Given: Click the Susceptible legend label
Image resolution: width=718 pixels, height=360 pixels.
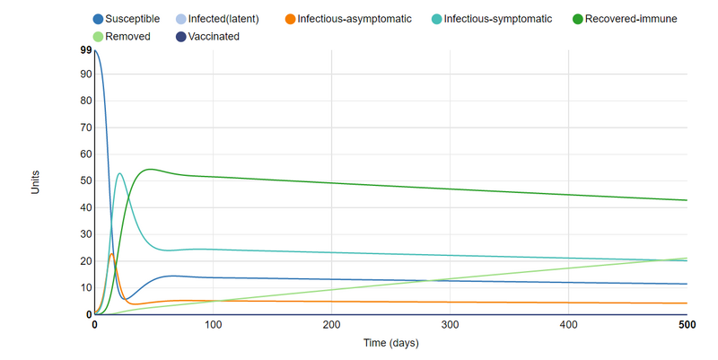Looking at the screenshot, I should coord(134,19).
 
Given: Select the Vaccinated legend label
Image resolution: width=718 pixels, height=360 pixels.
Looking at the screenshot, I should coord(214,37).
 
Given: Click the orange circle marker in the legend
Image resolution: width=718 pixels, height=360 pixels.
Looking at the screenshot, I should coord(290,19).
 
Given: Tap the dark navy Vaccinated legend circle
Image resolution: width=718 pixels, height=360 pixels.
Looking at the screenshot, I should coord(180,37).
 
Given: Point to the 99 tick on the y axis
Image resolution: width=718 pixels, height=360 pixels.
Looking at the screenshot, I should coord(87,50).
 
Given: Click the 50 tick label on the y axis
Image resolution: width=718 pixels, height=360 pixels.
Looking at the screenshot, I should coord(87,181).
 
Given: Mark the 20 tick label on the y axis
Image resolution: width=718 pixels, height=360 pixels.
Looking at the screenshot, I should coord(87,261).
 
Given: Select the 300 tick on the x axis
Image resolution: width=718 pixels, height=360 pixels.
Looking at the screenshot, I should coord(450,324).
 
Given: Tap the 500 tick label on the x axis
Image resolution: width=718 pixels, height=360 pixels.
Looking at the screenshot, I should coord(687,324).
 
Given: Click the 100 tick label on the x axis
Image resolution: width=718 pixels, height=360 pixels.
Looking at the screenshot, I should coord(213,324).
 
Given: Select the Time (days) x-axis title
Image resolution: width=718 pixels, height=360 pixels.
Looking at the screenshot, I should coord(390,343).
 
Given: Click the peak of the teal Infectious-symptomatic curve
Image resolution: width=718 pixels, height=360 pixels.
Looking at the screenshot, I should coord(119,173).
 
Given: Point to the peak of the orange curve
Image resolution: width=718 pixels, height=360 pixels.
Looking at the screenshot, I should coord(111,254).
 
